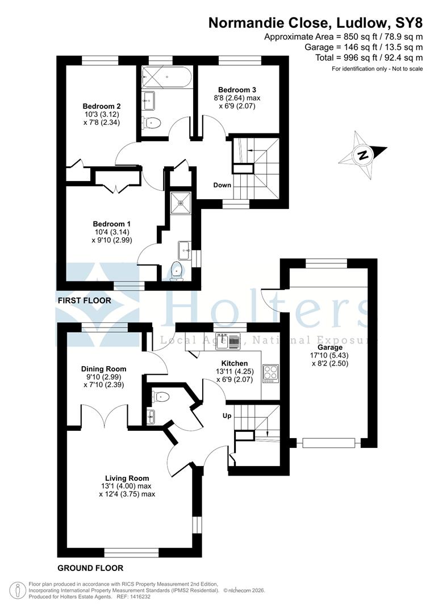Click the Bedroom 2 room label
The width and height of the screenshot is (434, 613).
point(102,106)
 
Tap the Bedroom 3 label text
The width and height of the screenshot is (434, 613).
point(237,90)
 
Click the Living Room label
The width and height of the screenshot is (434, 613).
point(127,478)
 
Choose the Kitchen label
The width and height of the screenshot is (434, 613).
point(234,363)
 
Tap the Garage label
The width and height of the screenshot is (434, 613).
point(330,347)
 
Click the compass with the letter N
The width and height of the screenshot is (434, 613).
point(362,154)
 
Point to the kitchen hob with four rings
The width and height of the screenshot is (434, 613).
point(269,373)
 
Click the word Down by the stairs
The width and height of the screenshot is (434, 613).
point(222,186)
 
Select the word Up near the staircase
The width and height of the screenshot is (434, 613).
point(227,415)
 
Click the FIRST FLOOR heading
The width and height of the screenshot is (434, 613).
point(85,300)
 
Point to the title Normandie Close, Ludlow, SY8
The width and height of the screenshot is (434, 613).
point(316,23)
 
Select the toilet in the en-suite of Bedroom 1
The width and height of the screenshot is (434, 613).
point(177,271)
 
